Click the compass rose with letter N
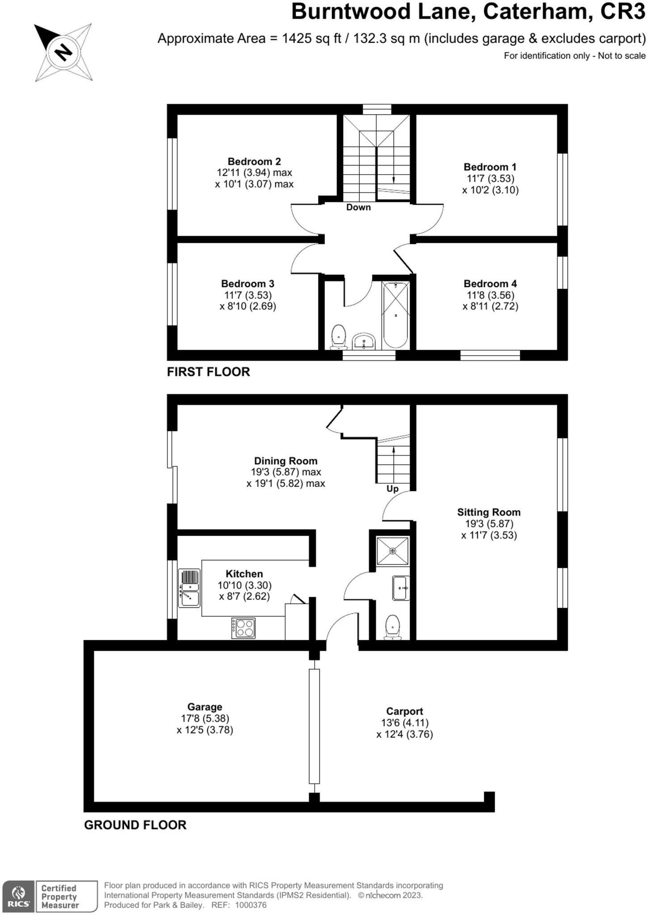click(63, 52)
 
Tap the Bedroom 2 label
click(254, 161)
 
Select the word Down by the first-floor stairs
click(358, 207)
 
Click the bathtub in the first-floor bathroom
click(395, 315)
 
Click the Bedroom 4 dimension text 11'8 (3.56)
click(490, 295)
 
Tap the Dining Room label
click(286, 461)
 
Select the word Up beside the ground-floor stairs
click(392, 489)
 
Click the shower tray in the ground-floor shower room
click(393, 551)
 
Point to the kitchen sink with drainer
click(189, 588)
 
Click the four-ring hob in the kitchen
click(244, 628)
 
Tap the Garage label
click(205, 707)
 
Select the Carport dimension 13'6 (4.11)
click(404, 723)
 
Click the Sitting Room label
click(488, 512)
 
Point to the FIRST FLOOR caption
click(208, 372)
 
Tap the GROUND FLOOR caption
click(135, 825)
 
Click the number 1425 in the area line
click(297, 38)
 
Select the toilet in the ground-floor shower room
click(392, 626)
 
